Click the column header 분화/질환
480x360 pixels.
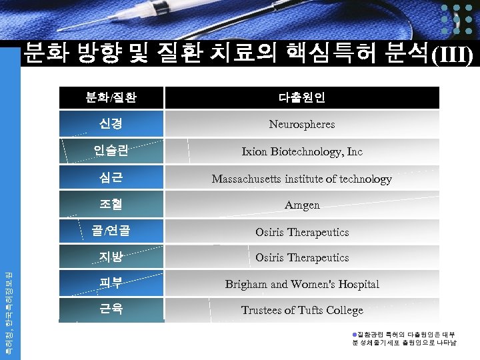coord(111,98)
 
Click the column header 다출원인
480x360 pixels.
coord(302,98)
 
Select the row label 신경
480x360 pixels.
coord(111,124)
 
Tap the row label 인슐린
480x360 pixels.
coord(111,151)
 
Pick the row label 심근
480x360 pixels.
coord(111,179)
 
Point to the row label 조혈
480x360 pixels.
coord(111,205)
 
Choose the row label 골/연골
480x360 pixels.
coord(111,231)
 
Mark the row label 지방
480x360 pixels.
coord(111,257)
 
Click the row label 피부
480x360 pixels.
coord(111,283)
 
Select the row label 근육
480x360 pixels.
coord(111,310)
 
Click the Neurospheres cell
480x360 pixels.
coord(302,124)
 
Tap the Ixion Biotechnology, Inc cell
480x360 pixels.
coord(302,151)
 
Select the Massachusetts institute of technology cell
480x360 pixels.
coord(302,179)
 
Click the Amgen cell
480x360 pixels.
coord(302,205)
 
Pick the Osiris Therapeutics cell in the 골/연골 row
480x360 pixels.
coord(302,232)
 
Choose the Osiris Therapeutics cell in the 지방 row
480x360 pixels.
coord(302,257)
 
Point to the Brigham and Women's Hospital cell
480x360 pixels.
coord(302,284)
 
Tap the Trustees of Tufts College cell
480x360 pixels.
coord(302,310)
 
